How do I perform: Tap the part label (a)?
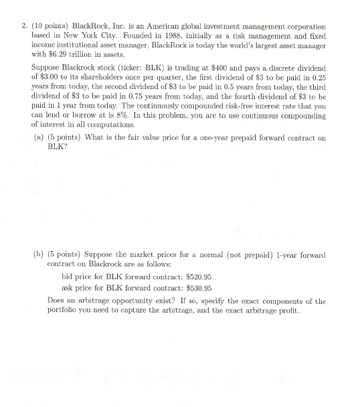click(39, 137)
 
